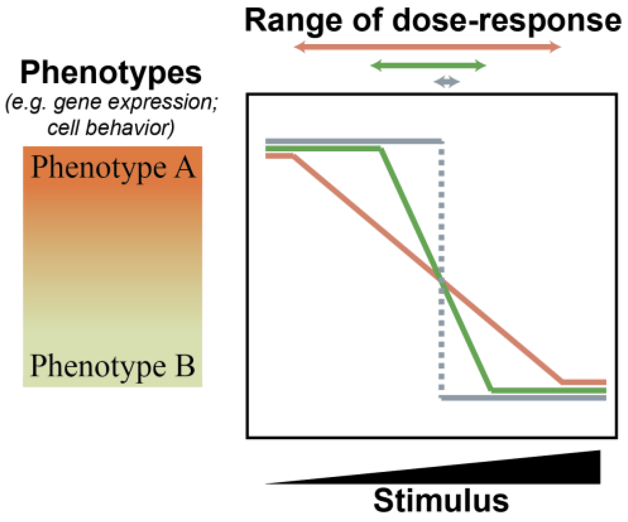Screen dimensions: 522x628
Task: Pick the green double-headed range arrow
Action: pyautogui.click(x=428, y=66)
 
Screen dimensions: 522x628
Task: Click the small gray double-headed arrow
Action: pyautogui.click(x=446, y=82)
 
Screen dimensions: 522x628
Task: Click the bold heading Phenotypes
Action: pyautogui.click(x=111, y=73)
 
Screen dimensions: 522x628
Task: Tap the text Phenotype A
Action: pyautogui.click(x=113, y=167)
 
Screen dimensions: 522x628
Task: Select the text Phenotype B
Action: pyautogui.click(x=113, y=366)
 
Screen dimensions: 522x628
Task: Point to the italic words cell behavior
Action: pyautogui.click(x=110, y=127)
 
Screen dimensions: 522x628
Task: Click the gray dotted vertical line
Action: pyautogui.click(x=441, y=210)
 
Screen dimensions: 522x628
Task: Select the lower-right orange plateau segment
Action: pyautogui.click(x=584, y=382)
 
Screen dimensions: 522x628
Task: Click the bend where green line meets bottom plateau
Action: pyautogui.click(x=491, y=390)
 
